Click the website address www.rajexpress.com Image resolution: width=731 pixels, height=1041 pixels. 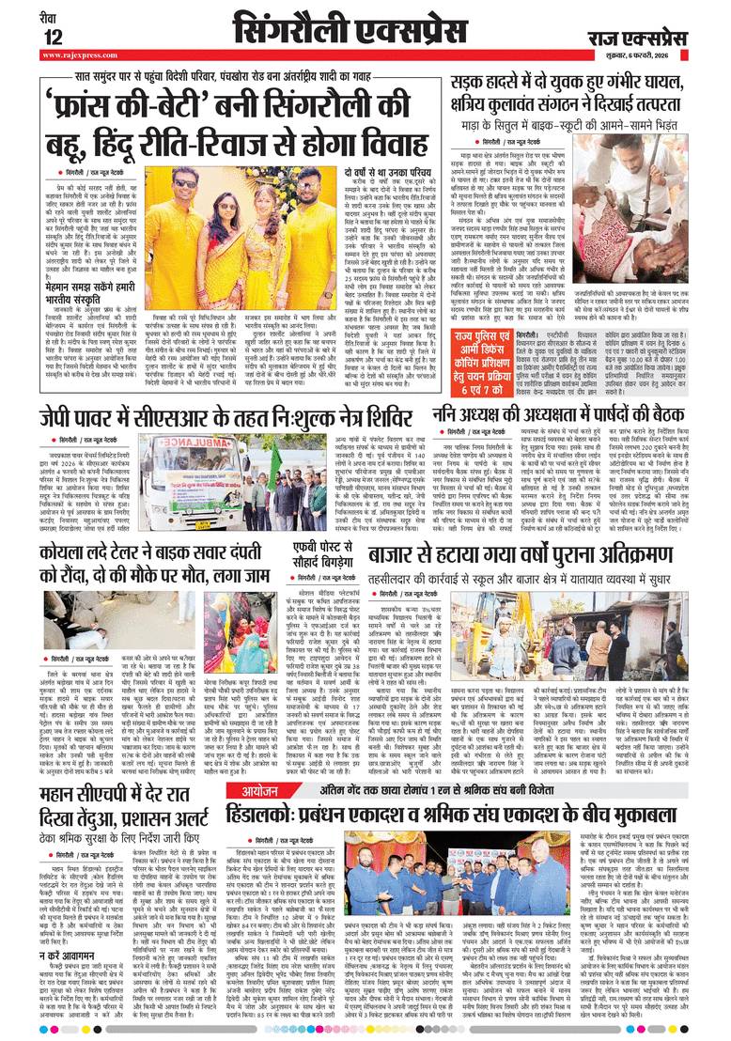pos(80,54)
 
